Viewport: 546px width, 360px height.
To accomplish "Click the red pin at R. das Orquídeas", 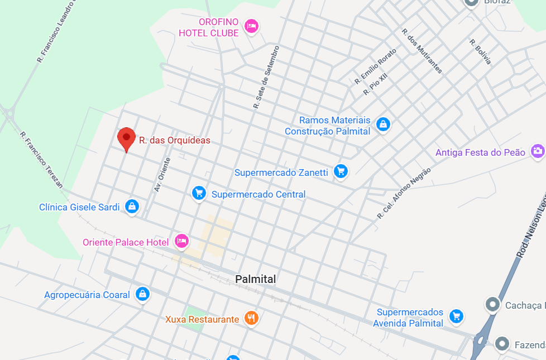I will tap(127, 138).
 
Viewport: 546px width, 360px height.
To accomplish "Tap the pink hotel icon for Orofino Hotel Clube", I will tap(252, 26).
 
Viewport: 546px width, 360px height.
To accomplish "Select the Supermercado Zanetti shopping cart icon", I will tap(341, 171).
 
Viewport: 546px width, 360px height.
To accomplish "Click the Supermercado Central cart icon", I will tap(199, 194).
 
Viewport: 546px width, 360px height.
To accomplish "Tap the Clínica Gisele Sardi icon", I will tap(132, 207).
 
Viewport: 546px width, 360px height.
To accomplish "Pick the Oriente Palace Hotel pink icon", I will tap(181, 241).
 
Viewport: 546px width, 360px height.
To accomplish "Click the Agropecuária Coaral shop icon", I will tap(143, 294).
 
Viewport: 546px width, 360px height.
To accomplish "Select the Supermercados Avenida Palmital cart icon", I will tap(457, 316).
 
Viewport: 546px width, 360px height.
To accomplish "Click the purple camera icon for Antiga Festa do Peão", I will tap(538, 151).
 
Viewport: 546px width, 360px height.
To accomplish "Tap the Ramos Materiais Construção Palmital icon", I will tap(383, 124).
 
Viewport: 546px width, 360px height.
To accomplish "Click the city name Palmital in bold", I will tap(256, 279).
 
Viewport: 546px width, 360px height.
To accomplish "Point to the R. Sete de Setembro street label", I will tap(266, 77).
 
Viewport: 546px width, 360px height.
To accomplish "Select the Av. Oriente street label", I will tap(162, 175).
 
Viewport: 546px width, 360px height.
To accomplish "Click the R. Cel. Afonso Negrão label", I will tap(404, 193).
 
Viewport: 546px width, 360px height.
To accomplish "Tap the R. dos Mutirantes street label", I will tap(422, 51).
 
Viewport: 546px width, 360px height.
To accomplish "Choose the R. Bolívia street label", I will tap(480, 51).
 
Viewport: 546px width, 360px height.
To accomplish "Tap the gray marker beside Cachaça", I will tap(492, 305).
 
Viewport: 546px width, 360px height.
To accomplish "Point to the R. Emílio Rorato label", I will tap(375, 67).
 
